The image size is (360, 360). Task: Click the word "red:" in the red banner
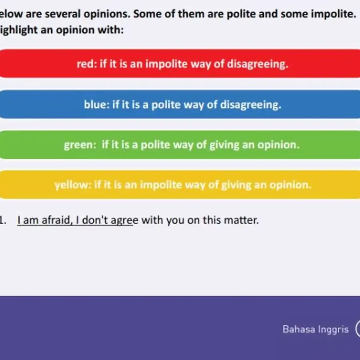(x=87, y=64)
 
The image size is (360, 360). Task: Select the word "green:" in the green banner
(x=80, y=145)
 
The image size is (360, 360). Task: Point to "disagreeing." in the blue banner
(x=251, y=105)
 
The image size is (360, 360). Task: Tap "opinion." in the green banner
(x=278, y=145)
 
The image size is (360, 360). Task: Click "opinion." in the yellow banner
(x=290, y=185)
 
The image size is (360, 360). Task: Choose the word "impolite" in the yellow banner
(x=161, y=185)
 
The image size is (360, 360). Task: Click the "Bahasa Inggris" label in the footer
(x=316, y=329)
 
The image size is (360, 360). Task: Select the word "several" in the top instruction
(x=63, y=14)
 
